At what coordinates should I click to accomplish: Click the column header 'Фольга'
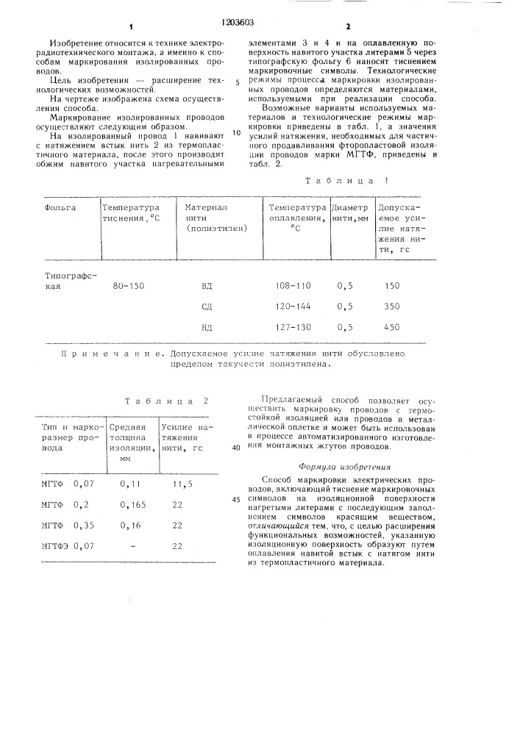(61, 208)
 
